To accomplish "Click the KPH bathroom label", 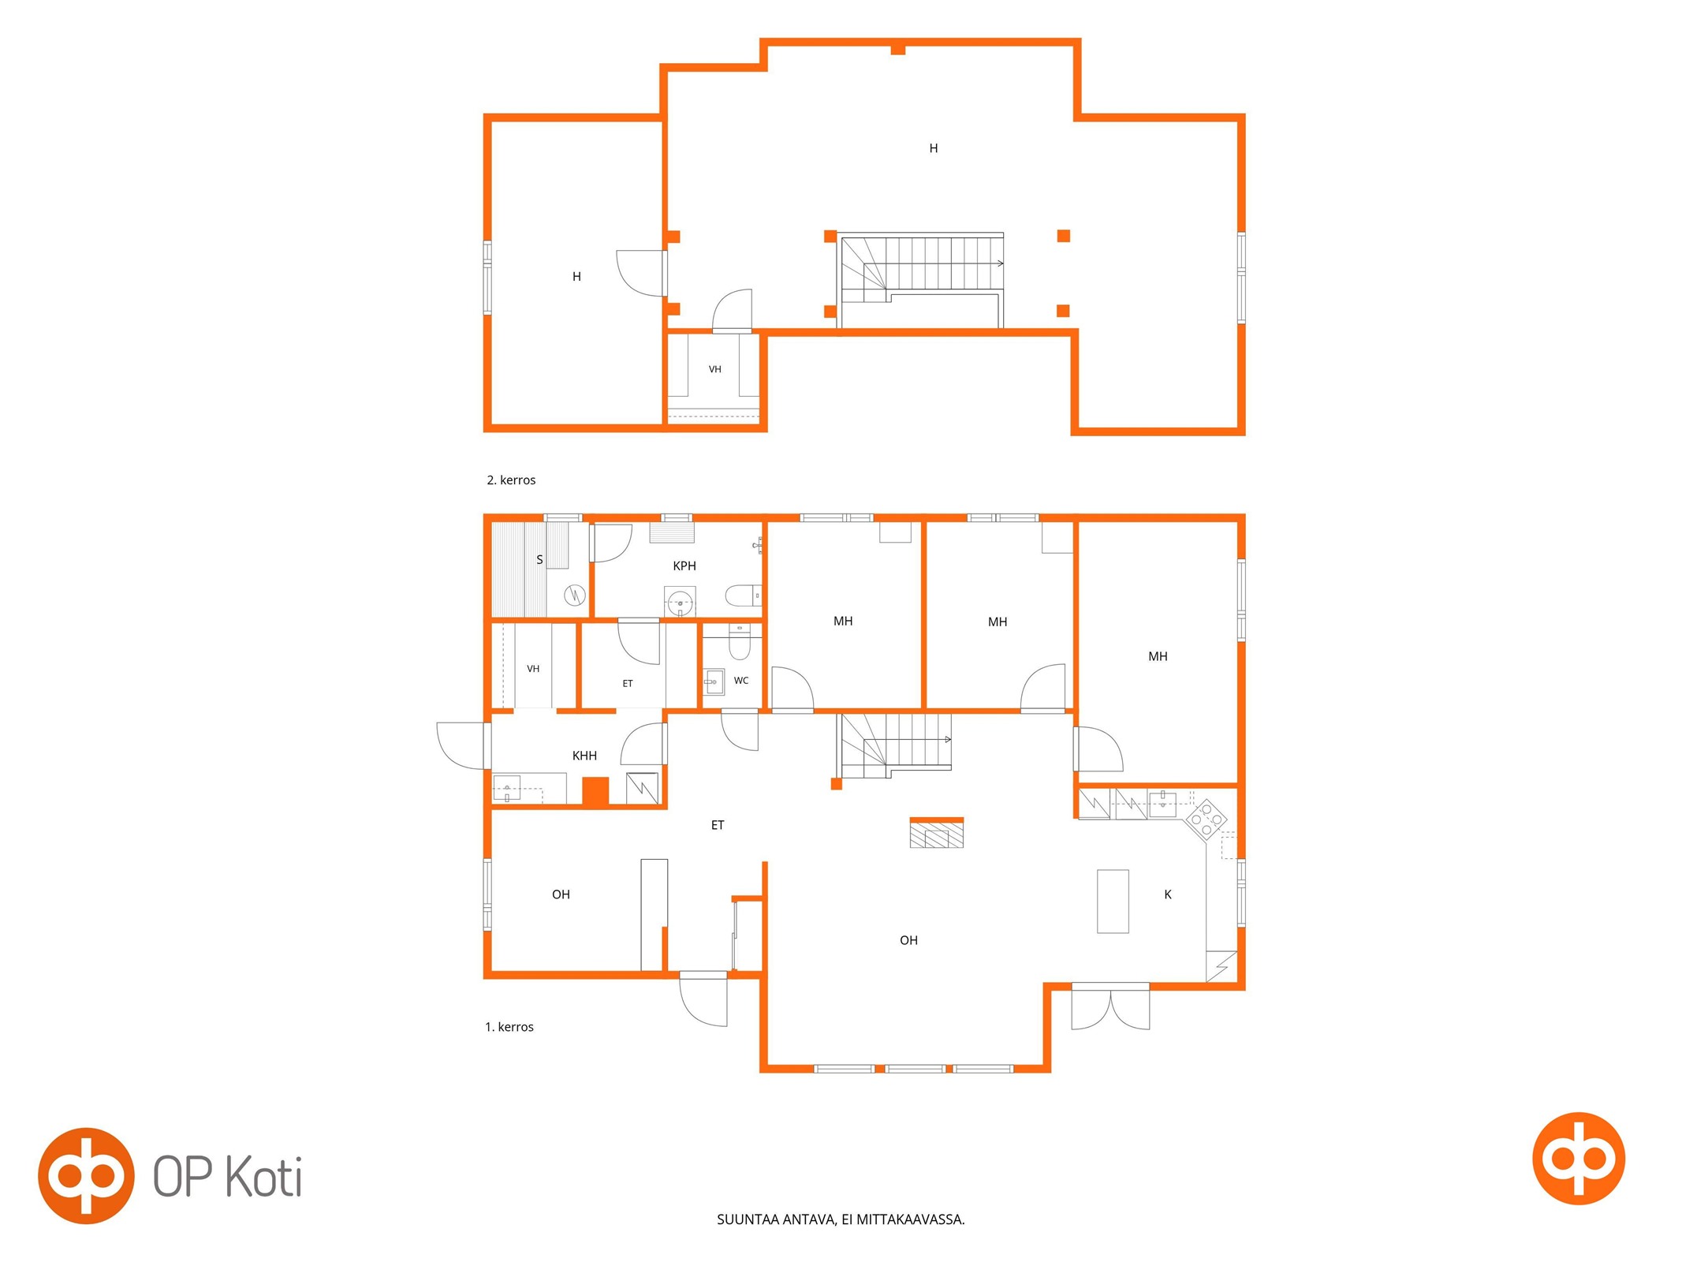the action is point(684,566).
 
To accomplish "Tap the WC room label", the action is point(740,681).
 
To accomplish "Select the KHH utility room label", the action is point(584,756).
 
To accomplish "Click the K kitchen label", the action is point(1167,894).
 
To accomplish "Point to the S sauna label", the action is point(539,560).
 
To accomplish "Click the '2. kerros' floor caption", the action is point(511,480).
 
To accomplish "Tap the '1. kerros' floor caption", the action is point(509,1027).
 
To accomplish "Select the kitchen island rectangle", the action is point(1112,902).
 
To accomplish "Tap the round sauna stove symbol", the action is point(575,595).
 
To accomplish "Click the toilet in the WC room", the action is point(739,642).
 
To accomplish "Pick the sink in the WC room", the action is point(714,681).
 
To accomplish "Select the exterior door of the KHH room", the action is point(464,745).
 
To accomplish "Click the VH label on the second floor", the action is point(714,369).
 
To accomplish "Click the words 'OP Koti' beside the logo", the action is point(227,1177).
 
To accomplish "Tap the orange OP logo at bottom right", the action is point(1578,1159).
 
